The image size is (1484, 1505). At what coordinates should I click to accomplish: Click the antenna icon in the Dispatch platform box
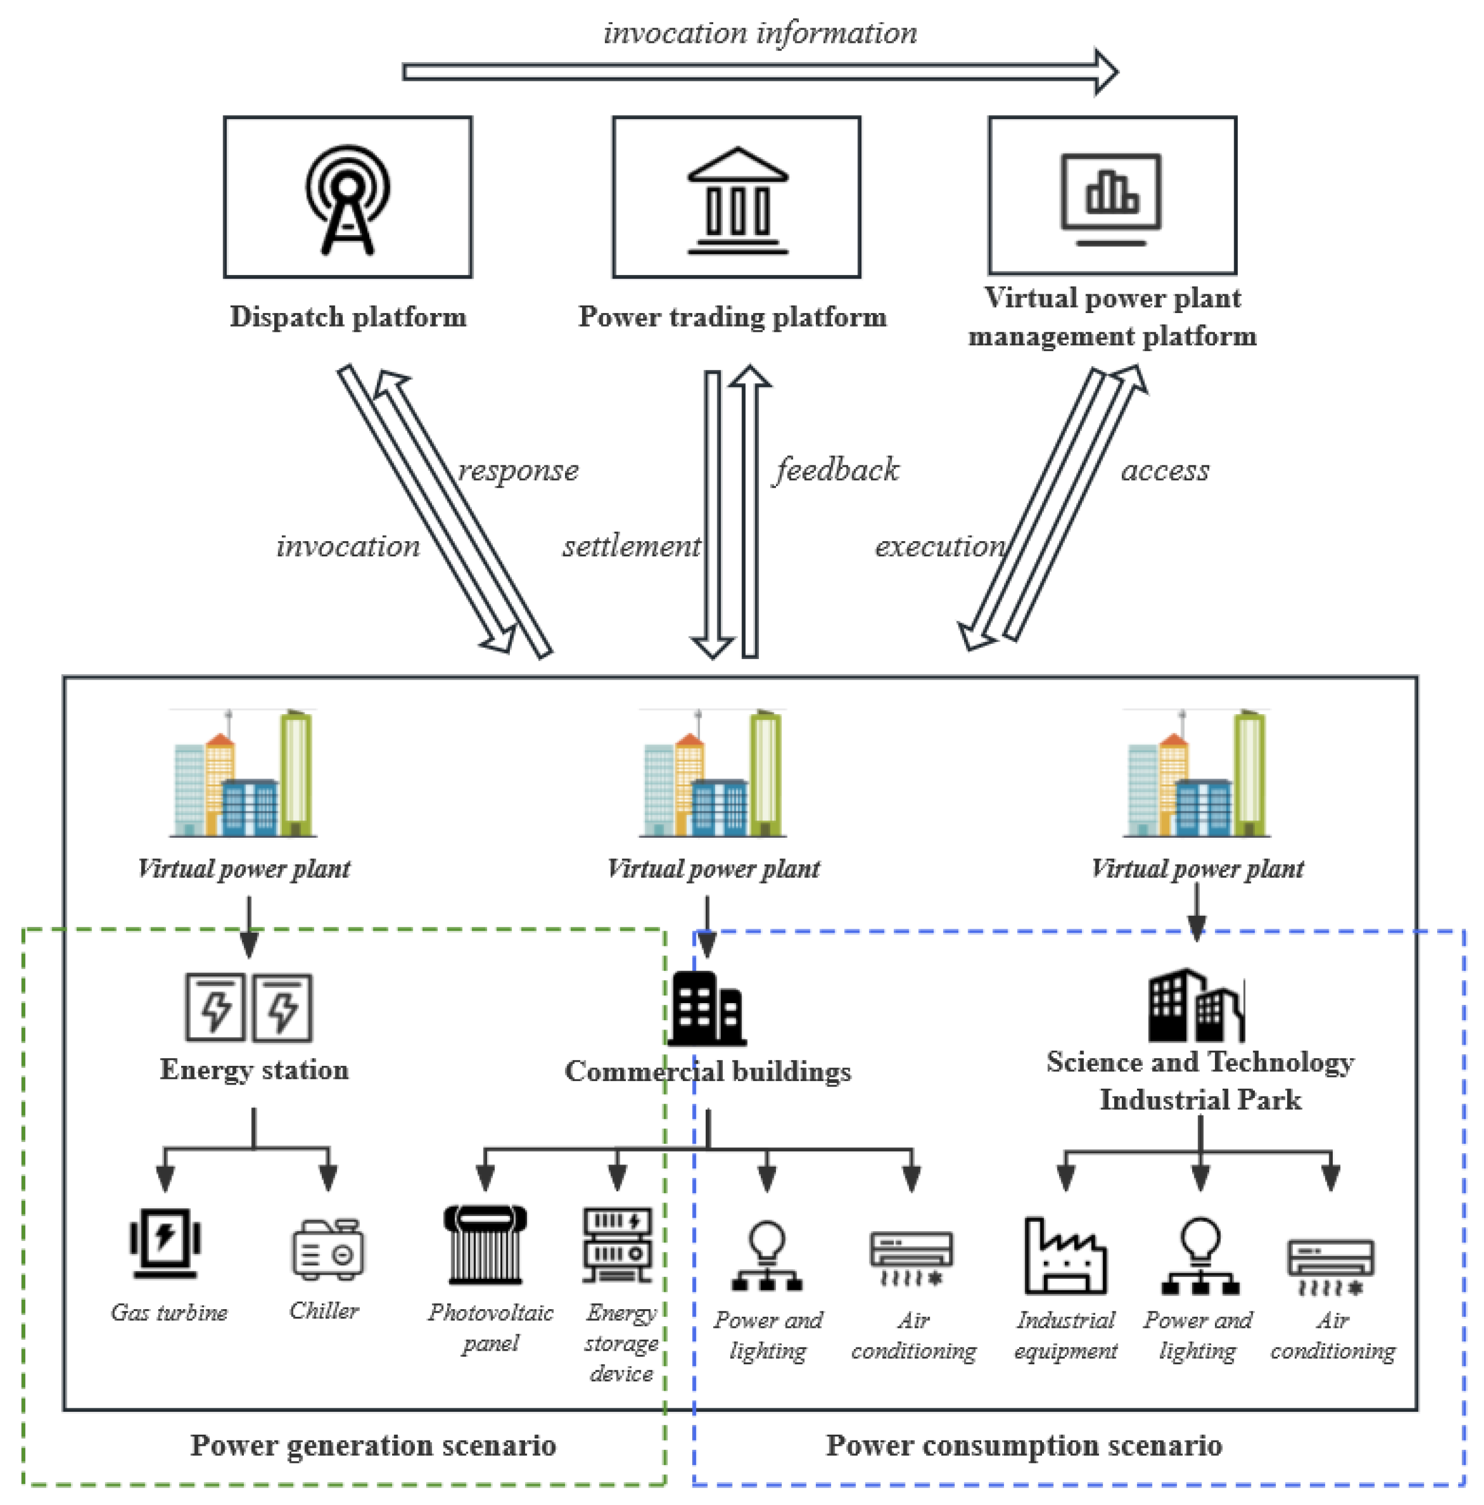347,199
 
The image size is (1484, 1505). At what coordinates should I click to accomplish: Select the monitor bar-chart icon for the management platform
1111,199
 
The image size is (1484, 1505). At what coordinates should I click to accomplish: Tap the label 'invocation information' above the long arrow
760,33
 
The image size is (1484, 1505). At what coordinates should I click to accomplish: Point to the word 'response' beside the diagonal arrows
518,471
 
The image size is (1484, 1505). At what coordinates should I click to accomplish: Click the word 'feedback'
836,470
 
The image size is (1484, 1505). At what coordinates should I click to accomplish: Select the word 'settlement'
631,546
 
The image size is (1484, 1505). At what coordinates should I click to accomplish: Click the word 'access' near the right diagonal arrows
1165,471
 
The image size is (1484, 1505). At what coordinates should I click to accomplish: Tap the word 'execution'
940,546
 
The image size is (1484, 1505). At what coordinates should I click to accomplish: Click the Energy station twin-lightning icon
249,1007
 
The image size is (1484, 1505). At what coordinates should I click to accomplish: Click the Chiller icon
328,1249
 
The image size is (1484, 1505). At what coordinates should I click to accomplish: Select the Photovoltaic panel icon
485,1244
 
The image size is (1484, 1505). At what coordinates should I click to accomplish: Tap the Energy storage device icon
617,1244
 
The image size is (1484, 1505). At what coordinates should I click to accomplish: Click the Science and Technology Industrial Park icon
1196,1005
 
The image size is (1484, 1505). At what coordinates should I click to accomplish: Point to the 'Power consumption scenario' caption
1023,1446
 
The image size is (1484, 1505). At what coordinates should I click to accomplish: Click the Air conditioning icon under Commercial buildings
911,1256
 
